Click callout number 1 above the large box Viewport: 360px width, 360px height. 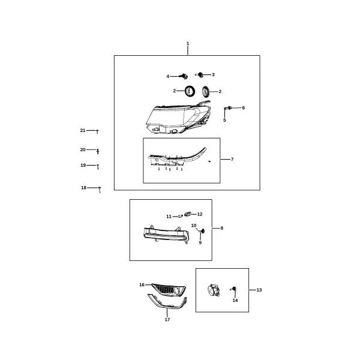(188, 43)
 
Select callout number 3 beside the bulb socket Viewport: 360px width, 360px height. (213, 74)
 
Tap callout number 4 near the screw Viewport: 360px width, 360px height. (168, 76)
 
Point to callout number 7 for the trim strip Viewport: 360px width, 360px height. (232, 159)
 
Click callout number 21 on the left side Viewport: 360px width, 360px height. (83, 130)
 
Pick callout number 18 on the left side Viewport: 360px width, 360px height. (83, 188)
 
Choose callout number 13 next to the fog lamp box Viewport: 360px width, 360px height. (259, 290)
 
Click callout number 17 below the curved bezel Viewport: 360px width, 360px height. (167, 319)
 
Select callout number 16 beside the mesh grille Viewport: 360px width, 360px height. (142, 284)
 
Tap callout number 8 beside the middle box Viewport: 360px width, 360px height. (222, 228)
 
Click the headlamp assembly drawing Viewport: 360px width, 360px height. (178, 118)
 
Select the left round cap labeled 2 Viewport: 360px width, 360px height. (190, 91)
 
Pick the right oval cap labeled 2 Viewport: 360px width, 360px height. (205, 92)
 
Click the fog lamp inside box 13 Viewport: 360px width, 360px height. (214, 290)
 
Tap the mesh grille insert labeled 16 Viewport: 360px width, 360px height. (169, 289)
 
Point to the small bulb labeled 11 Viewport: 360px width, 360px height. (181, 216)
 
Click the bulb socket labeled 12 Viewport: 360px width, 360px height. (188, 214)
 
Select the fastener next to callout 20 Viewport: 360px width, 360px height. (98, 151)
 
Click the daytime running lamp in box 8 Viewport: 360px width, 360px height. (167, 235)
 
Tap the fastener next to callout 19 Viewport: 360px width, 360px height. (98, 167)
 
